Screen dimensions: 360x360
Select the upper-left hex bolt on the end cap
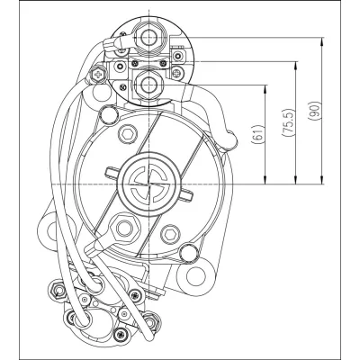pyautogui.click(x=126, y=133)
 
